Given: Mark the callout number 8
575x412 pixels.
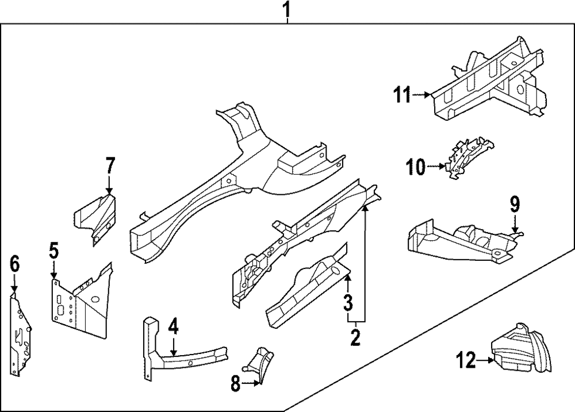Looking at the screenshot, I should coord(235,384).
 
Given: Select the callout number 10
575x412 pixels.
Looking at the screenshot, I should coord(415,167).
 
